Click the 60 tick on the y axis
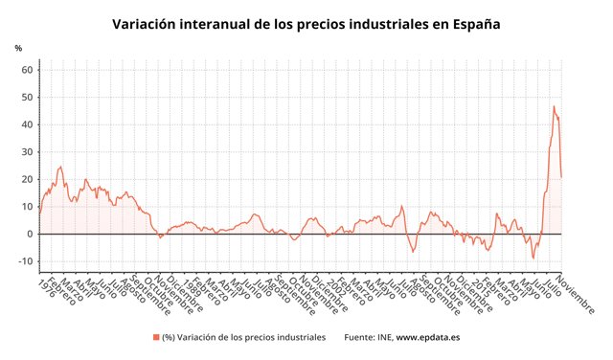coord(28,70)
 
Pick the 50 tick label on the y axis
coord(28,98)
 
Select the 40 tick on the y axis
coord(28,124)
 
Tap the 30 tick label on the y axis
coord(28,152)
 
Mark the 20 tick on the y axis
coord(28,179)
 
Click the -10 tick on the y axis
coord(26,261)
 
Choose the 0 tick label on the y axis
coord(31,234)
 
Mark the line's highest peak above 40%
coord(554,106)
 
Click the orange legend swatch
coord(155,337)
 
